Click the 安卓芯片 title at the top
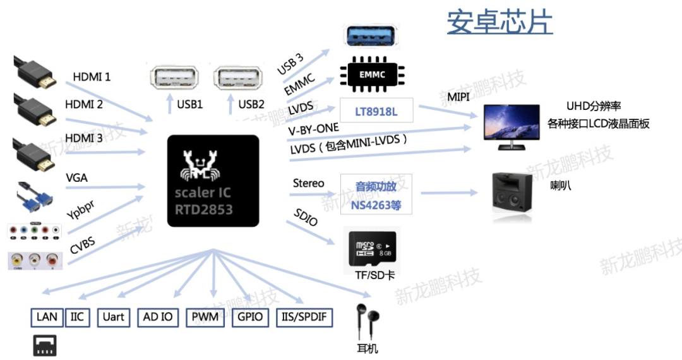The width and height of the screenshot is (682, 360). (500, 22)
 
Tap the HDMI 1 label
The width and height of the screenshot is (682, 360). (92, 77)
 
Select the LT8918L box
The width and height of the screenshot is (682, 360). (376, 111)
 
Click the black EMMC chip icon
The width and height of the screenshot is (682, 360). (372, 74)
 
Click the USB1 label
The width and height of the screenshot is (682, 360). (189, 104)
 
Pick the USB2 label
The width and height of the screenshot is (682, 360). (251, 104)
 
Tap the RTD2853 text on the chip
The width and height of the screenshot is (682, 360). (204, 209)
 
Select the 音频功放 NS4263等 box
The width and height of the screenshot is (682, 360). (376, 195)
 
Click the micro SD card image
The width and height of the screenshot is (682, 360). (373, 248)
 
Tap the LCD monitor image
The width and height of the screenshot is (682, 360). (511, 126)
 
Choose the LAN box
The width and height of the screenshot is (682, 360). (47, 317)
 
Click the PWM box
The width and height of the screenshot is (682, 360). (206, 317)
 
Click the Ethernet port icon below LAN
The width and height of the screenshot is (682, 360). (45, 346)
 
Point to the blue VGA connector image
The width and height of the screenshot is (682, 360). (33, 196)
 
